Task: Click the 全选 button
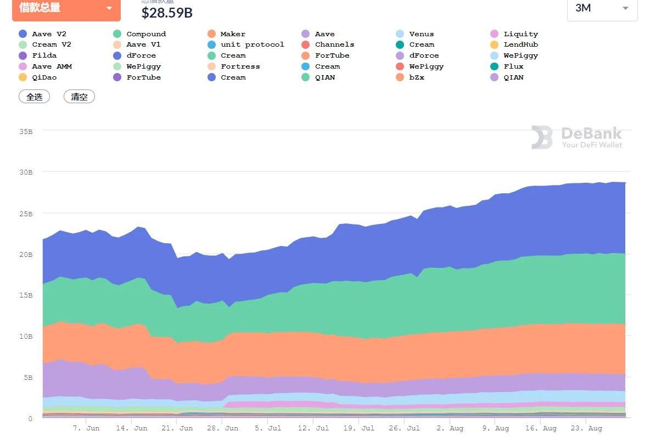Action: coord(34,97)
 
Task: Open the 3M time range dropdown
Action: coord(602,8)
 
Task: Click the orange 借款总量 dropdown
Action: coord(66,8)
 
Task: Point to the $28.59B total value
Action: coord(167,12)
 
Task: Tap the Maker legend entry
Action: coord(233,34)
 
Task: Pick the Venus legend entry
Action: coord(421,34)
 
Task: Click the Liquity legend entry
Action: coord(520,34)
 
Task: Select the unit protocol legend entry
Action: coord(252,44)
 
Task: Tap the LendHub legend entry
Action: coord(520,44)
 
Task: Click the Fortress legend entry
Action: coord(240,66)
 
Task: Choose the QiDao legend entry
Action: coord(44,77)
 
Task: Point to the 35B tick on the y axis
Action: coord(26,132)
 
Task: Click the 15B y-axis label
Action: coord(26,295)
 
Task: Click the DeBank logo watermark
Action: coord(576,137)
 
